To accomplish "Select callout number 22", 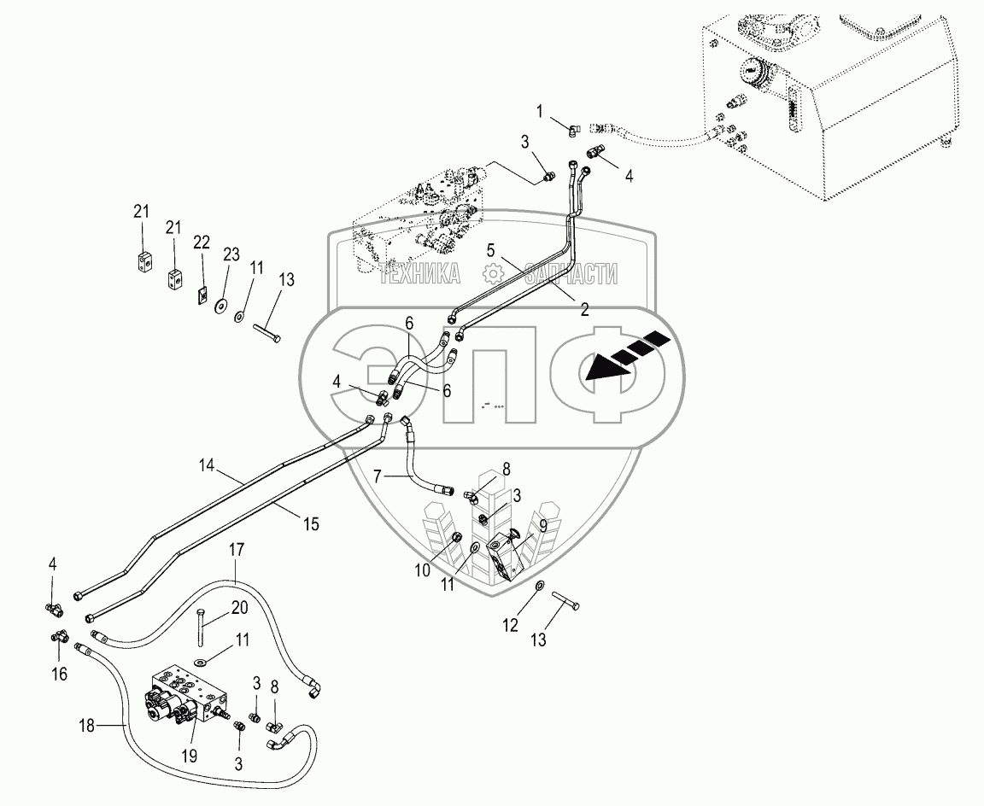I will click(202, 243).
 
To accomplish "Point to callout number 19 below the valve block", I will click(189, 755).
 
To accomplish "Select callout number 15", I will click(310, 523).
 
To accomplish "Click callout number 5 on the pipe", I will click(490, 251).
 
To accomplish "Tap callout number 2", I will click(584, 311).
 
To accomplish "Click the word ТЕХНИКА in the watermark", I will click(420, 274).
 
